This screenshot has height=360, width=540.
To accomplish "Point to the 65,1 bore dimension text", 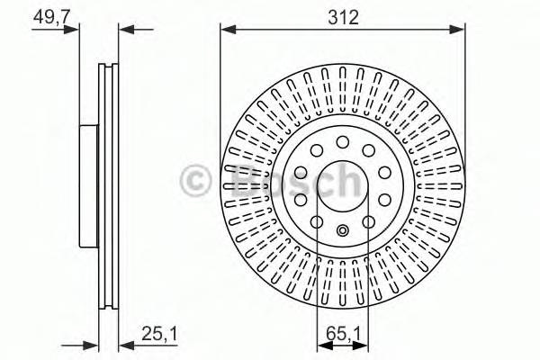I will click(x=343, y=334).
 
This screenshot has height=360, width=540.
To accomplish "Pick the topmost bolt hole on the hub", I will click(x=343, y=140).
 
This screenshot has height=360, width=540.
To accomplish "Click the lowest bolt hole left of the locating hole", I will click(x=317, y=220).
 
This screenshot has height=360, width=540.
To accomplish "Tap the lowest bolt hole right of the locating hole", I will click(x=369, y=220).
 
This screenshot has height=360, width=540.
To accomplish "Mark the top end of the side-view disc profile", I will click(x=105, y=65).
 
